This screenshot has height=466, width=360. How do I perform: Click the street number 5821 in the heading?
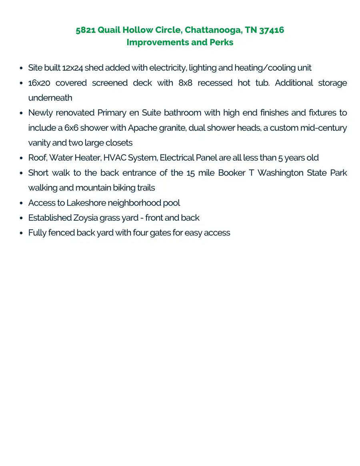coord(86,30)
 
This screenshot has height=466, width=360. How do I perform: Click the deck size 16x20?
coord(39,83)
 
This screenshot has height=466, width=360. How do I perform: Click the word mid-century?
coord(323,128)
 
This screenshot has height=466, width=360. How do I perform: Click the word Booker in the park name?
coord(232,173)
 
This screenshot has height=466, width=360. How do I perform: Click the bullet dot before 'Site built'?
coord(20,68)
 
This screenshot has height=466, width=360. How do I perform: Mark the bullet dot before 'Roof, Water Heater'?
coord(20,158)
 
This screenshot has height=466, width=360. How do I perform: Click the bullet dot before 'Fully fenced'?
coord(20,233)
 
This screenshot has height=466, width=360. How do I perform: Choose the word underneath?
coord(50,98)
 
